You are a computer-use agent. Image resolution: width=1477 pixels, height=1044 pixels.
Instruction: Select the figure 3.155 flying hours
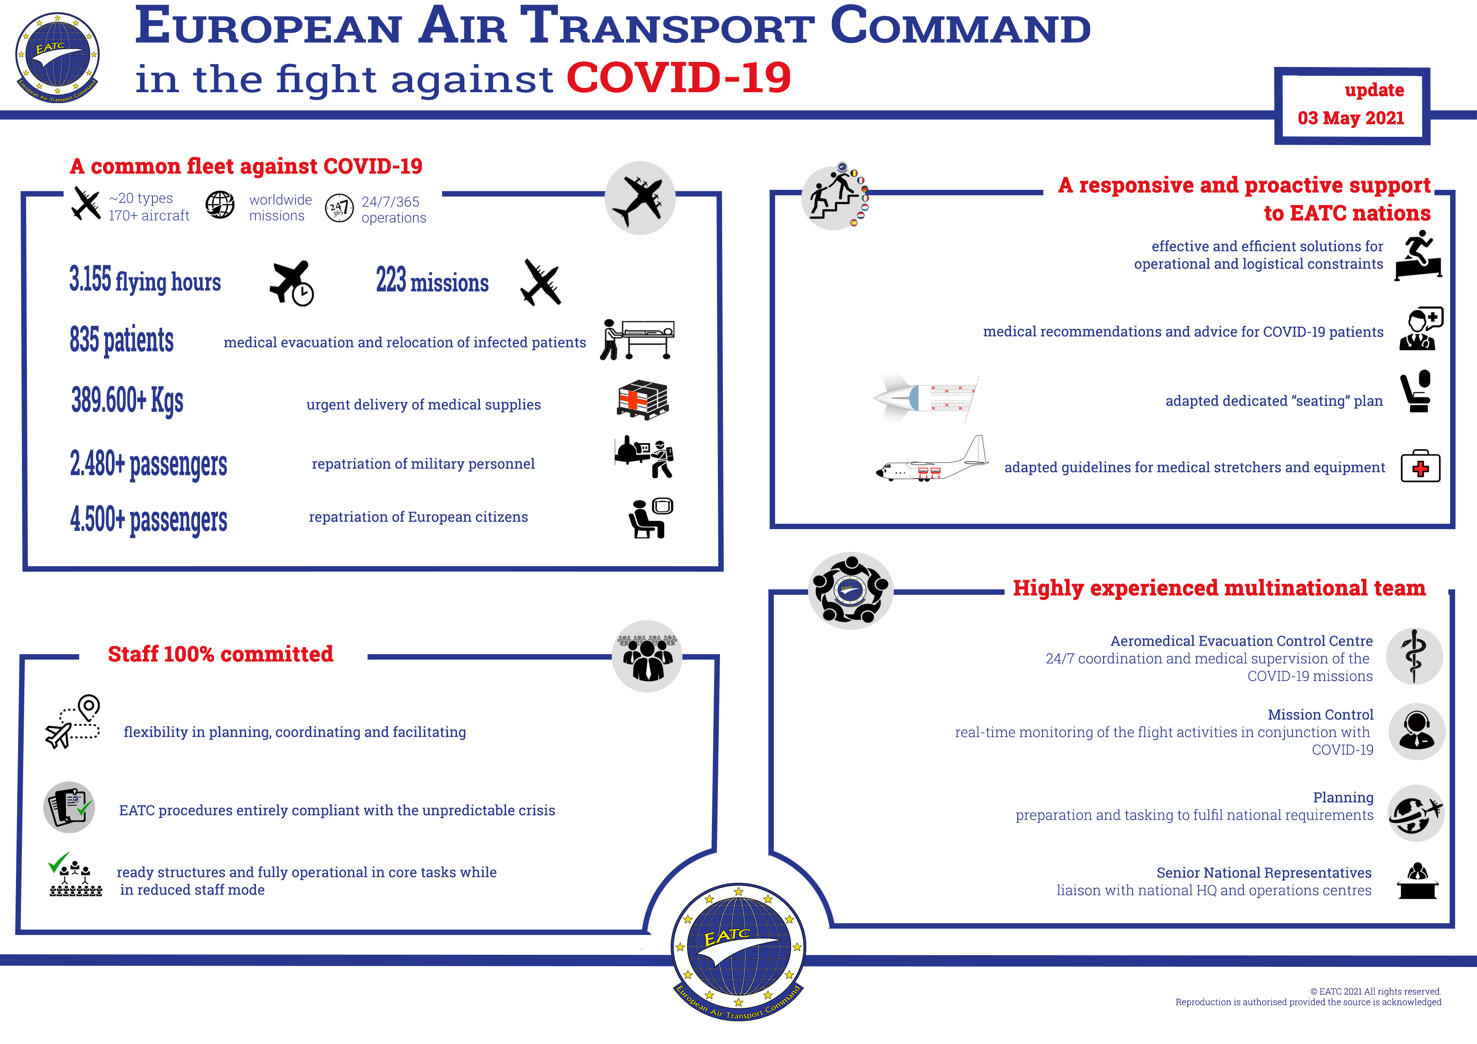click(145, 280)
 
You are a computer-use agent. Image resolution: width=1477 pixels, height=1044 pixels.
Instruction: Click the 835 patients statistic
click(122, 340)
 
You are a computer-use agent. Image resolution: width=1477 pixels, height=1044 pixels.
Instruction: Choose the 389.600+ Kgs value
click(128, 400)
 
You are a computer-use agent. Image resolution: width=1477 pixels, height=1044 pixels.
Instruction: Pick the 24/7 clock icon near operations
click(339, 208)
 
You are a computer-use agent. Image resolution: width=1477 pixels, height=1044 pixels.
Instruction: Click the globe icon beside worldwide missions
click(220, 205)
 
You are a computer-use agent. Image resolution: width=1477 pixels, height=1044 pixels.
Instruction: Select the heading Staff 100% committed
click(221, 654)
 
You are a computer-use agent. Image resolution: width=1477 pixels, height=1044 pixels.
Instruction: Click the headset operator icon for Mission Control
click(1416, 731)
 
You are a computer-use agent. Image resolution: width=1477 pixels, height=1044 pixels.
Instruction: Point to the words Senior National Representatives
click(1264, 873)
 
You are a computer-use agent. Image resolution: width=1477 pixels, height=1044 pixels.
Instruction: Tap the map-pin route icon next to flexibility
click(73, 721)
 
